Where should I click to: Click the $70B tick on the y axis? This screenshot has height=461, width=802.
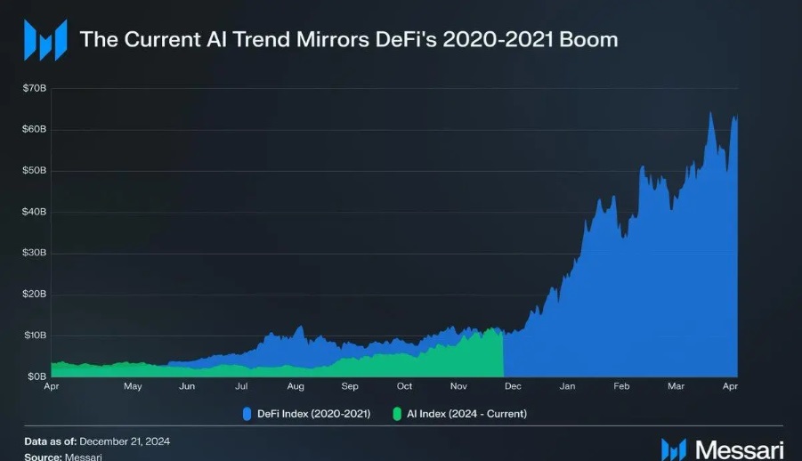(35, 89)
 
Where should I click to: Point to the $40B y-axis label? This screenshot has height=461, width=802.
(35, 212)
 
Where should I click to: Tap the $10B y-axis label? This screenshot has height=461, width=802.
(35, 336)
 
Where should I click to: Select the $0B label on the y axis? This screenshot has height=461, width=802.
(36, 376)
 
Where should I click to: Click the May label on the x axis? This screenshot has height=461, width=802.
(133, 387)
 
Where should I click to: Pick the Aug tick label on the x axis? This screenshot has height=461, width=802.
(296, 387)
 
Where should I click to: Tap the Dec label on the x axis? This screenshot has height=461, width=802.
(513, 387)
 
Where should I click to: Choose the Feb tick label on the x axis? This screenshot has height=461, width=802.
(621, 387)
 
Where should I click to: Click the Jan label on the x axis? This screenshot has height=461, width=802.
(567, 387)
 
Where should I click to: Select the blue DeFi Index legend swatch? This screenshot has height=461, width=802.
(248, 413)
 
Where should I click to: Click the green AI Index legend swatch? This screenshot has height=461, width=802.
(398, 413)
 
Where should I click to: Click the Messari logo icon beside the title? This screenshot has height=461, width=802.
(45, 40)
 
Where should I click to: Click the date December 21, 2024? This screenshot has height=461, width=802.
(124, 441)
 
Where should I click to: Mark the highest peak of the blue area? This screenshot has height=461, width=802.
(709, 112)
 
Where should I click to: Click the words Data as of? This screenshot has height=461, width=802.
(50, 441)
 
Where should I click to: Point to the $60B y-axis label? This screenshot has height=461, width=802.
(35, 130)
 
